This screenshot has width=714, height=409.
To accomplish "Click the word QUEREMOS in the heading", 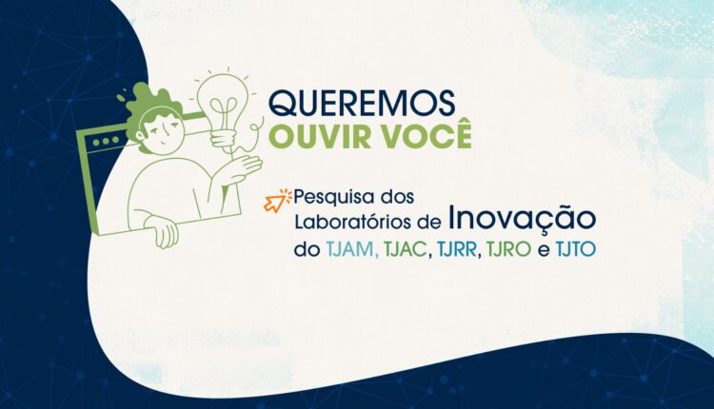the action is pyautogui.click(x=362, y=103).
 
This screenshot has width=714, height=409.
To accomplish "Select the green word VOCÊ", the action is pyautogui.click(x=426, y=134).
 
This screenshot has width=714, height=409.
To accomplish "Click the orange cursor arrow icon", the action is pyautogui.click(x=277, y=200).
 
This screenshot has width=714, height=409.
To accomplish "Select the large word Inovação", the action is pyautogui.click(x=522, y=220).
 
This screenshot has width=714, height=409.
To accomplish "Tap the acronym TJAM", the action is pyautogui.click(x=352, y=250).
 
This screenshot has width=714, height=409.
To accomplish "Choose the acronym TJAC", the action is pyautogui.click(x=407, y=250).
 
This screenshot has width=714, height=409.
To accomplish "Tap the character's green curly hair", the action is pyautogui.click(x=151, y=109).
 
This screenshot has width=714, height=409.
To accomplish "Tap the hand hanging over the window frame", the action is pyautogui.click(x=162, y=231).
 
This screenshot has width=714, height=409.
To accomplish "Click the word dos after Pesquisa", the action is pyautogui.click(x=398, y=197).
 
